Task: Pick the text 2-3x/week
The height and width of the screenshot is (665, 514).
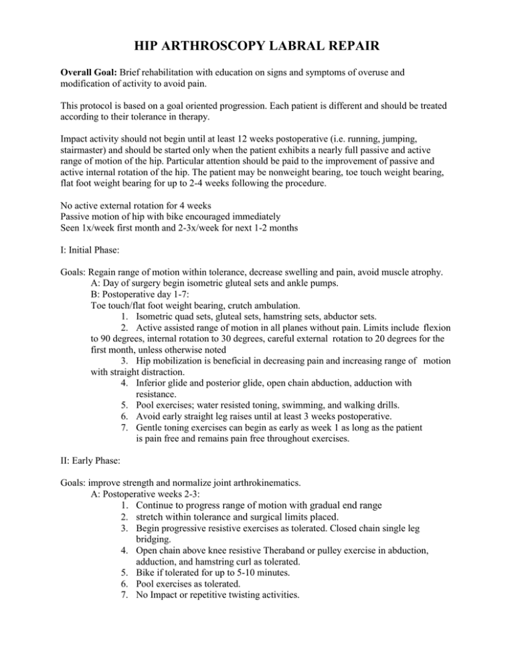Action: pos(179,244)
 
